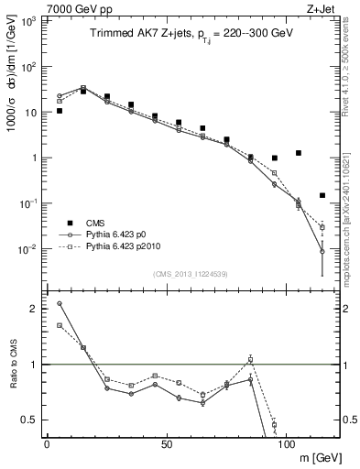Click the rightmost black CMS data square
[322, 195]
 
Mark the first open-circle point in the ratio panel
[59, 303]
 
